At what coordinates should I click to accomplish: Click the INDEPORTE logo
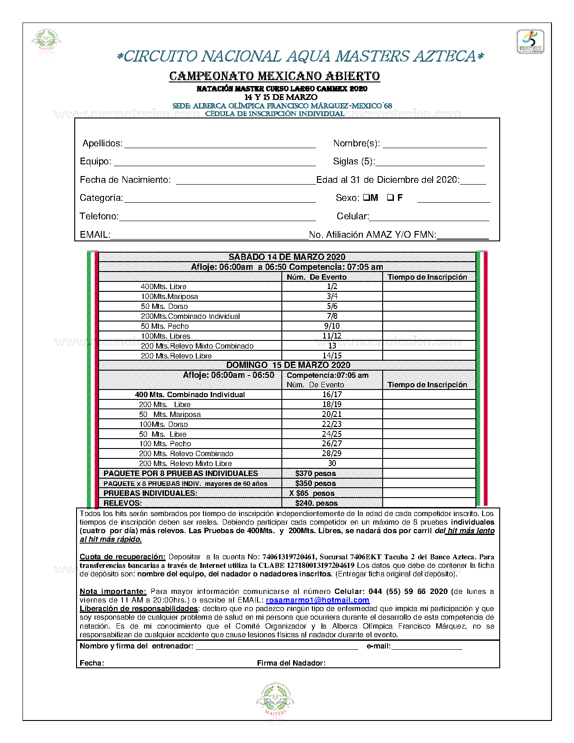click(x=530, y=42)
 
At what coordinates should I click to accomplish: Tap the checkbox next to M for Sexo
click(x=366, y=197)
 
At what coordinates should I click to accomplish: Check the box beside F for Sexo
click(x=390, y=197)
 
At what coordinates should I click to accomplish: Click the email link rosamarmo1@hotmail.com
click(x=317, y=600)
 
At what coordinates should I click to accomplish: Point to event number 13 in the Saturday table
click(x=332, y=346)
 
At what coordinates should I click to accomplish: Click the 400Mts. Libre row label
click(x=163, y=286)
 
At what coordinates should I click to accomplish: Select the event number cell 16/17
click(x=332, y=394)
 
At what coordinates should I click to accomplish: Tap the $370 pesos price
click(x=315, y=473)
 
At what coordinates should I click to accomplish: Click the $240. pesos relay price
click(x=316, y=503)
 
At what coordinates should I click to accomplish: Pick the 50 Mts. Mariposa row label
click(x=170, y=414)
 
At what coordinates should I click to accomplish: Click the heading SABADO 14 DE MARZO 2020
click(x=287, y=257)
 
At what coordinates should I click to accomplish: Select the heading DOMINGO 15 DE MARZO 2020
click(x=288, y=365)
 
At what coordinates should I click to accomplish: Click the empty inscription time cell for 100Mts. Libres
click(x=429, y=336)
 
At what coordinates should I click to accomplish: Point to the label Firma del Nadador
click(x=291, y=663)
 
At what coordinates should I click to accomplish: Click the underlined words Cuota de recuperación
click(x=122, y=557)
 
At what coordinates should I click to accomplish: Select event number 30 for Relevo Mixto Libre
click(x=332, y=463)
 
